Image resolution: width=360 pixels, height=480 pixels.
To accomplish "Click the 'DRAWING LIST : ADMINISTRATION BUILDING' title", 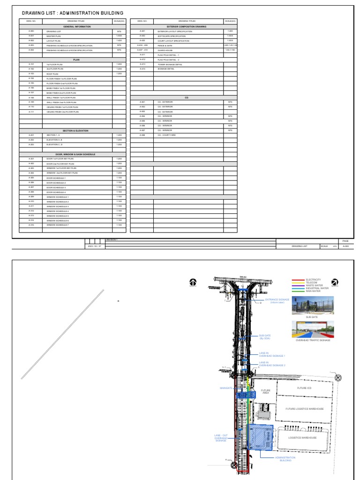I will [73, 13].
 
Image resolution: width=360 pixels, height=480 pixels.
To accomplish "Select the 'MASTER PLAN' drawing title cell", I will [52, 36].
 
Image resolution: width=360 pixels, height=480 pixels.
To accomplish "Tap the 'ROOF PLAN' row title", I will [52, 74].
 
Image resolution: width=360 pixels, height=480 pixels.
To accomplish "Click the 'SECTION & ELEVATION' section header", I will [75, 131].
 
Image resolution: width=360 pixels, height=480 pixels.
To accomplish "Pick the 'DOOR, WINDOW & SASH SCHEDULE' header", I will [75, 154].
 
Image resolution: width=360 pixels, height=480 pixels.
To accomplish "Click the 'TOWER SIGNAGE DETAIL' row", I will [170, 64].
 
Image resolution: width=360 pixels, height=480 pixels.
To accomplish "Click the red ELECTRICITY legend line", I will [299, 279].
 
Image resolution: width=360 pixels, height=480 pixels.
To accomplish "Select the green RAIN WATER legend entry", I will [299, 291].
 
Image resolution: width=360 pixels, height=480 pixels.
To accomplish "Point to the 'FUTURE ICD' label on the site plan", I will [304, 388].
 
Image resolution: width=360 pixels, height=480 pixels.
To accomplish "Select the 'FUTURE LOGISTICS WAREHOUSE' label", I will [305, 409].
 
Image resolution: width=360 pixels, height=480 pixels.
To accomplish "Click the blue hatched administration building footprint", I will [261, 438].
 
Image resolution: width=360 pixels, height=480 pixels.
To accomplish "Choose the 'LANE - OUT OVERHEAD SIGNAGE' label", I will [221, 438].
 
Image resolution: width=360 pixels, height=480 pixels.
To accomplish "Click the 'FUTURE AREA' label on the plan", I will [265, 391].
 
